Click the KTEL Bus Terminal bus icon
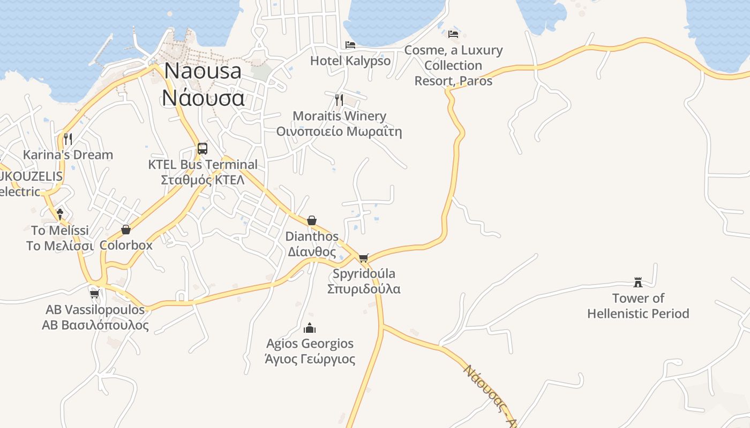coord(202,149)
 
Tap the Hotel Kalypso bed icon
coord(350,45)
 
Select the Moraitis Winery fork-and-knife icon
coord(339,100)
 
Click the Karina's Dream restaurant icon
coord(68,139)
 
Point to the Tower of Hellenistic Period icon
coord(638,282)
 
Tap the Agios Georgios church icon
coord(310,328)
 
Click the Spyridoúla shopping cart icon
coord(364,258)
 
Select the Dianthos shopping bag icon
coord(312,220)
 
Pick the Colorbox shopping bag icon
coord(126,230)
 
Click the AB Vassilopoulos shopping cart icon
coord(95,294)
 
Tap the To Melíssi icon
coord(60,214)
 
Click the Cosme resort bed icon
coord(453,34)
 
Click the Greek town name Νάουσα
coord(204,98)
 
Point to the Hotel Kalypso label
coord(350,61)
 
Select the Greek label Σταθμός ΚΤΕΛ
coord(202,180)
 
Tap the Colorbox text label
coord(126,246)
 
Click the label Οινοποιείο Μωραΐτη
coord(339,132)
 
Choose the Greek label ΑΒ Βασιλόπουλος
coord(95,325)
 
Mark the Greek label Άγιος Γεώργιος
coord(310,359)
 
